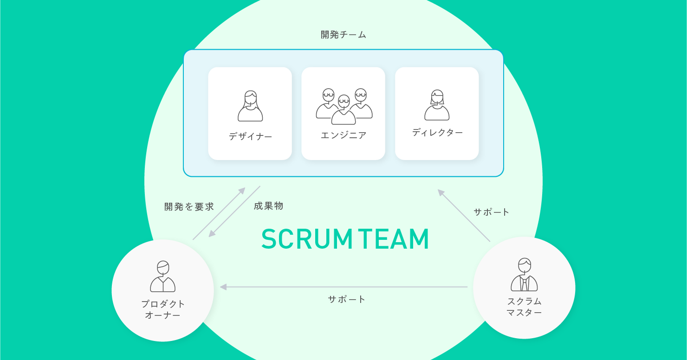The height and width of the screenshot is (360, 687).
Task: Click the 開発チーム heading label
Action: pos(343,35)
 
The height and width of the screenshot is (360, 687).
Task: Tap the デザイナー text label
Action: pos(250,136)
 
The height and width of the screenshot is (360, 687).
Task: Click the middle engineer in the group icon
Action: pos(343,110)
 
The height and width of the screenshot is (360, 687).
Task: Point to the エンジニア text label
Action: pos(343,135)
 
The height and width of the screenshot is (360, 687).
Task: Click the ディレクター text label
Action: pos(437,133)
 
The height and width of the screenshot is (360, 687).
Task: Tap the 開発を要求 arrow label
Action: pos(189,207)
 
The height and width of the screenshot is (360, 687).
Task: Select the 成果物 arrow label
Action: pos(268,206)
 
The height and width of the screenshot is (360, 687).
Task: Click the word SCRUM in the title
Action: pos(307,239)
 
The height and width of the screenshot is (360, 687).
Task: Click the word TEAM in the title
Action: pos(394,239)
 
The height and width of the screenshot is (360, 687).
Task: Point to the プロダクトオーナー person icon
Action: pos(163,276)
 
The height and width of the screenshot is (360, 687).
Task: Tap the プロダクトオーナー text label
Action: pos(163,309)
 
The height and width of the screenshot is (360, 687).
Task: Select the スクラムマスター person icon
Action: pos(524,275)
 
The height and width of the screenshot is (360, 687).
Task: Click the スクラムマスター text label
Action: pos(524,307)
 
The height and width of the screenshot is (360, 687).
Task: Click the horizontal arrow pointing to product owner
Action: pos(343,287)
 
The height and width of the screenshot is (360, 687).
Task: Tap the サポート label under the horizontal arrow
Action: pos(347,299)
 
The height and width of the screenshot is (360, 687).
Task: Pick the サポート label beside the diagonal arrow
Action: pos(492,212)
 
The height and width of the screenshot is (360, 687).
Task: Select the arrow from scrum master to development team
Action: pos(464,215)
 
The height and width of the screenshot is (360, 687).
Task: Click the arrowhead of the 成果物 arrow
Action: pos(212,234)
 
